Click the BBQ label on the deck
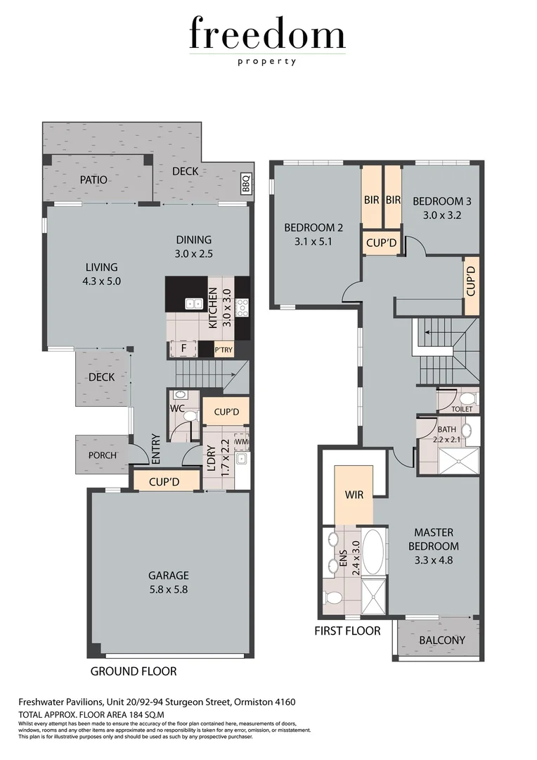(x=246, y=184)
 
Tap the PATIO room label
(x=93, y=180)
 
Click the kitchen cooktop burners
(x=242, y=305)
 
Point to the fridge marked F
(x=183, y=348)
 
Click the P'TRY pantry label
(x=223, y=350)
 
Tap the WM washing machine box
(x=241, y=441)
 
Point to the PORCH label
(x=102, y=455)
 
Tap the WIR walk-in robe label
(x=354, y=495)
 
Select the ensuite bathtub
(x=373, y=553)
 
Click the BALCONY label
(x=441, y=640)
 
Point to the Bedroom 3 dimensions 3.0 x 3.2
(x=441, y=215)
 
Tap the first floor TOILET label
(x=462, y=409)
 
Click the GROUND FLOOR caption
(x=134, y=671)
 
